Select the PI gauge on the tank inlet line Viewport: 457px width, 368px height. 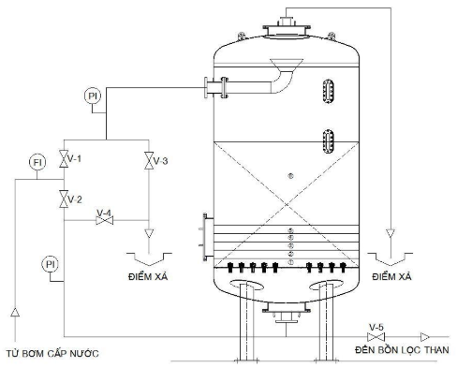click(x=92, y=96)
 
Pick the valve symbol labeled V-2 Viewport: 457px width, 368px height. click(x=63, y=199)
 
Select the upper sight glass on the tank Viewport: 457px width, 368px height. click(x=328, y=92)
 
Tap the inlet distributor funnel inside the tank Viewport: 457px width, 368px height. click(x=281, y=67)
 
